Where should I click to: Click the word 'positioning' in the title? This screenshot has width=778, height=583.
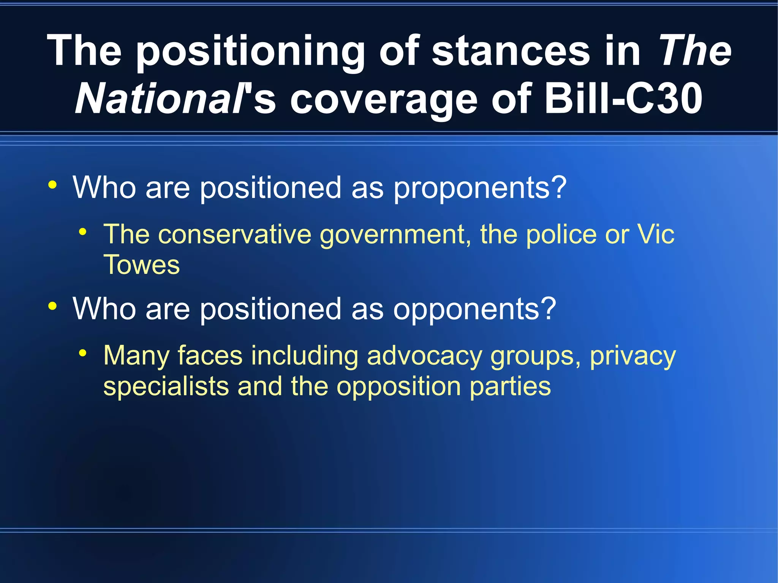[x=250, y=51]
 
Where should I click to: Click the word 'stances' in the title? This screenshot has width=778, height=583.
[x=511, y=51]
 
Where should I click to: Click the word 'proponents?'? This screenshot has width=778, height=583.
[x=480, y=188]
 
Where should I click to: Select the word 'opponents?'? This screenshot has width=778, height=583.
[x=474, y=309]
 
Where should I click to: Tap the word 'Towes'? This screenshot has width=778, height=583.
[x=141, y=265]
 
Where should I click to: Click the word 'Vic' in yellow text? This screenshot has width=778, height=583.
[x=656, y=234]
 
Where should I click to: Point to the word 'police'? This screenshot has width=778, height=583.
[x=561, y=234]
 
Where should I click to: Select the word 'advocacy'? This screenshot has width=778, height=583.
[x=424, y=356]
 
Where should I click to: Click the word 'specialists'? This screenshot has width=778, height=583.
[x=166, y=387]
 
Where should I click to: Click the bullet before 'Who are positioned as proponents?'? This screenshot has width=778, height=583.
[x=52, y=185]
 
